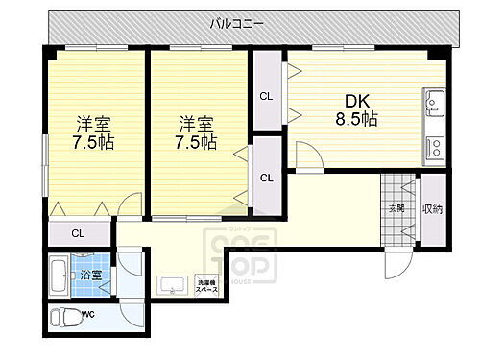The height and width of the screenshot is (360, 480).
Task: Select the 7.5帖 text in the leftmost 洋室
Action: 94,142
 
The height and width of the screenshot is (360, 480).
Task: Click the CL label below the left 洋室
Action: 78,232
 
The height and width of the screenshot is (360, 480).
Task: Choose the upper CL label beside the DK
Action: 266,95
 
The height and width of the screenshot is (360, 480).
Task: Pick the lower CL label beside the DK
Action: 266,177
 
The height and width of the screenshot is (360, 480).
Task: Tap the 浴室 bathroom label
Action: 98,275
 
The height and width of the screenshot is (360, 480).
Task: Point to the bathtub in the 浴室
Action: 58,276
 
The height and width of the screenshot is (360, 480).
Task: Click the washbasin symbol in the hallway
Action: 174,284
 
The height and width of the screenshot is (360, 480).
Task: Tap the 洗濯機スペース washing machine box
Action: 206,284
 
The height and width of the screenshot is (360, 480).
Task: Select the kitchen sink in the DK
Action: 432,102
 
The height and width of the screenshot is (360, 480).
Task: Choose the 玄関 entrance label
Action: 396,207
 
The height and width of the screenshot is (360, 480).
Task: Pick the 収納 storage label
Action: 434,207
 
